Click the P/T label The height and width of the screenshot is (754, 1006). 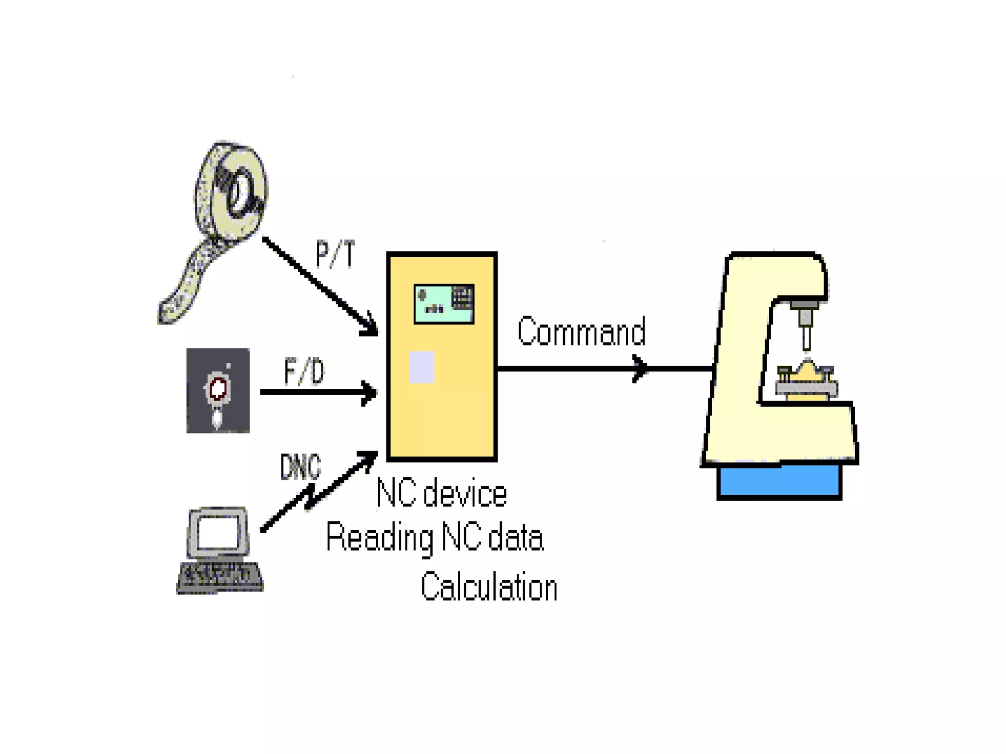tap(335, 254)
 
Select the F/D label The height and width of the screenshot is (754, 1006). tap(305, 372)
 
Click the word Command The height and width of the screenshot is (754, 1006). tap(581, 332)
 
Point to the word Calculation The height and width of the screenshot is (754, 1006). tap(489, 587)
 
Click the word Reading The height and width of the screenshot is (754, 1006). tap(380, 538)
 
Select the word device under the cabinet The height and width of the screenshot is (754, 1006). tap(465, 494)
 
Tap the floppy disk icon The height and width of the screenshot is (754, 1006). tap(218, 391)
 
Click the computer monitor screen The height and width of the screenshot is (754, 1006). tap(218, 532)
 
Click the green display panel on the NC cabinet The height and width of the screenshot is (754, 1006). tap(444, 304)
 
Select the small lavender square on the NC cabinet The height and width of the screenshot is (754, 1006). tap(422, 367)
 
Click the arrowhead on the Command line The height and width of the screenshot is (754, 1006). tap(640, 368)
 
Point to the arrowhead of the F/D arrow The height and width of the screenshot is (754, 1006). tap(369, 393)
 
